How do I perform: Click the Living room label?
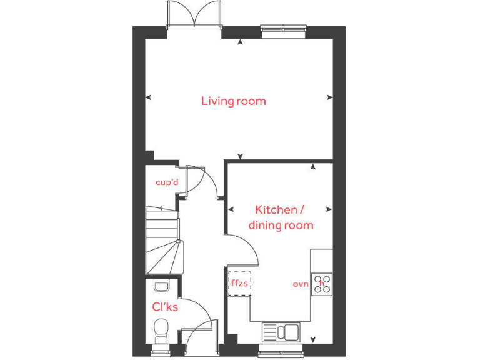coord(233,101)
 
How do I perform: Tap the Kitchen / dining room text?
coord(281,217)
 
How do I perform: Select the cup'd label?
coord(167,182)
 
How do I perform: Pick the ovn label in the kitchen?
coord(301,284)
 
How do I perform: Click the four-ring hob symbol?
coord(322,283)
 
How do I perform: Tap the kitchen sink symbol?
coord(281,331)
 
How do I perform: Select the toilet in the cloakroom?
coord(162,329)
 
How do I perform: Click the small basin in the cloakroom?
coord(161,286)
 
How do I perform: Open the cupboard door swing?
coord(195,177)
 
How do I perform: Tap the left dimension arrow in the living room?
coord(148,97)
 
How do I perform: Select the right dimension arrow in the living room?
coord(329,97)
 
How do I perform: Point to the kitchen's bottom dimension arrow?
coord(312,340)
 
